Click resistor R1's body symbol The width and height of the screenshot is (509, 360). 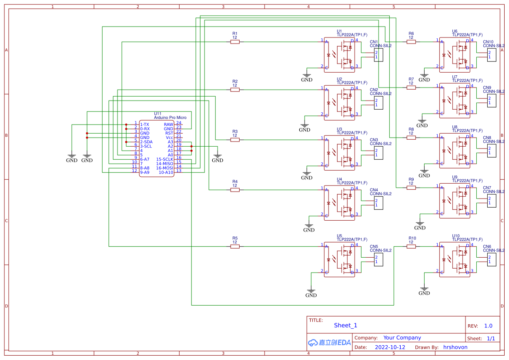(x=235, y=42)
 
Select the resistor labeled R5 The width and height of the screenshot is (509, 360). (x=235, y=246)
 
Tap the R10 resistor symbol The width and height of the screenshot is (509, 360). (x=411, y=246)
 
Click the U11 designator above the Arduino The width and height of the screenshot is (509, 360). (x=157, y=114)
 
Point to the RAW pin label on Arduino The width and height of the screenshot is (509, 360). (x=168, y=124)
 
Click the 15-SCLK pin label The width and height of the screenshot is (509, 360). (x=164, y=159)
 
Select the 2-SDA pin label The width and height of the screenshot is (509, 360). (x=146, y=142)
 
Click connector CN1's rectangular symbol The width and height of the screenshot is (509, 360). (x=378, y=55)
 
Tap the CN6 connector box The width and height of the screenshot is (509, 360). (x=492, y=259)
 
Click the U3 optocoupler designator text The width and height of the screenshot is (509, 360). (x=339, y=129)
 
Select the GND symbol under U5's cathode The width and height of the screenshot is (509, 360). (x=311, y=293)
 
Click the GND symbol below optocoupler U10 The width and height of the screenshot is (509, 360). (x=424, y=290)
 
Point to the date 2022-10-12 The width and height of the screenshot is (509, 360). (x=390, y=347)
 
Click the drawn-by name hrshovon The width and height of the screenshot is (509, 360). (x=455, y=347)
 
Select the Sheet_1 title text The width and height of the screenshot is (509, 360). (x=345, y=325)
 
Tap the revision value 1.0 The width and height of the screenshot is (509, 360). (x=488, y=326)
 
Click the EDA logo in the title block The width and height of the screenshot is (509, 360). (x=329, y=343)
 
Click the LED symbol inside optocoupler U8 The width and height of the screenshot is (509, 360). (x=445, y=151)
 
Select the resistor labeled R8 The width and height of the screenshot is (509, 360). (x=411, y=138)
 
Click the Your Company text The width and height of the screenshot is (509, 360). (x=402, y=338)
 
